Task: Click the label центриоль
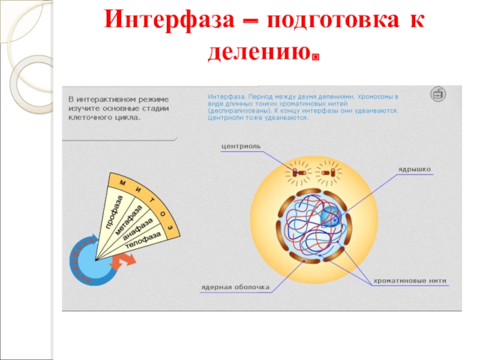[240, 145]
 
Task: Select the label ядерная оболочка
[235, 287]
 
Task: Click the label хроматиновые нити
[410, 280]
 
